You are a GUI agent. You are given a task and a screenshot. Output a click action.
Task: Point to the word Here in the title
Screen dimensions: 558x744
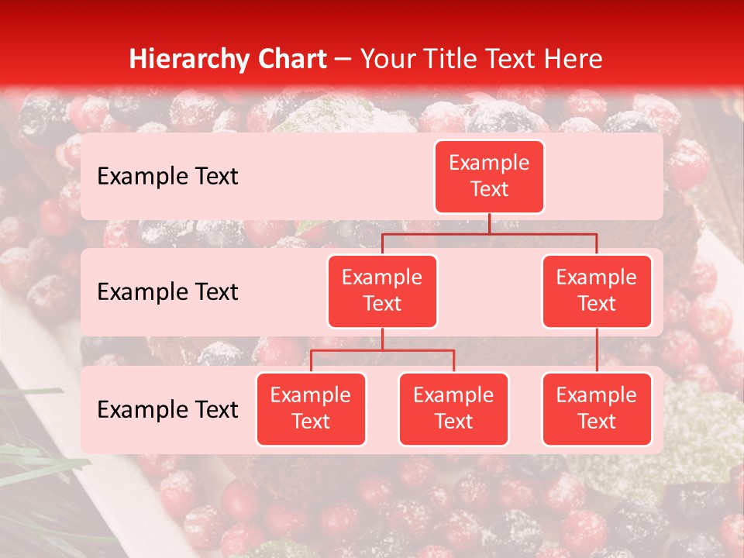(x=574, y=59)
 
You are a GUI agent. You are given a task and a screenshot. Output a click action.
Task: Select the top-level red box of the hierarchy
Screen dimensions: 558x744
(x=489, y=176)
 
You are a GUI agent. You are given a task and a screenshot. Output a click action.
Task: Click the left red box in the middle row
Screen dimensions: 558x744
(x=382, y=291)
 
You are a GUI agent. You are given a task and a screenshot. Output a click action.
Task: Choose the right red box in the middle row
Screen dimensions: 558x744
(x=597, y=291)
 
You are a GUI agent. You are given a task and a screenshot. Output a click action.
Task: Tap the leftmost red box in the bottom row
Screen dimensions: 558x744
(x=311, y=408)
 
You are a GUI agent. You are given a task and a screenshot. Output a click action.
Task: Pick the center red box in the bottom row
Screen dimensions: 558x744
(x=453, y=408)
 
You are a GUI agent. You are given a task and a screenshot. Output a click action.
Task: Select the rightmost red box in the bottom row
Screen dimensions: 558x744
(x=597, y=408)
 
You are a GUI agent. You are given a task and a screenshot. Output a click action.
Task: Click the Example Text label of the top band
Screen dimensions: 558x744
(x=167, y=176)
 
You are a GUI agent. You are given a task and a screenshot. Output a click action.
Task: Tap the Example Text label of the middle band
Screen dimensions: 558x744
(x=167, y=291)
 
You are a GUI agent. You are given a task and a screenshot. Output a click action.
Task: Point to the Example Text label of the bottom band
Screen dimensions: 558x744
(x=167, y=409)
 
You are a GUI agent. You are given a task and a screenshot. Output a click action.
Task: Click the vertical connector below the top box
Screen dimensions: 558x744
(x=489, y=223)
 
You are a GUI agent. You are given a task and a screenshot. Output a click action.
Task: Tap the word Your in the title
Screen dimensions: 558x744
(x=387, y=59)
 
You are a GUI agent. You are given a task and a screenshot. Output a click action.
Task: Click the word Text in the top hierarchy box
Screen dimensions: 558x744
(x=489, y=189)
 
